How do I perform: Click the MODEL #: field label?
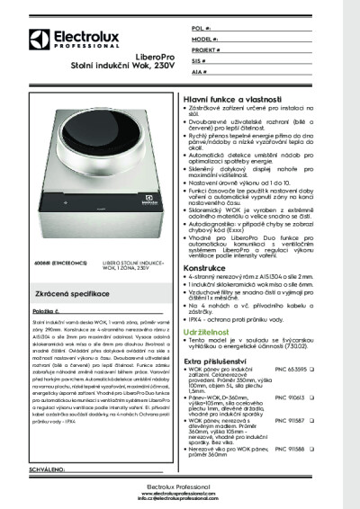tap(207, 40)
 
